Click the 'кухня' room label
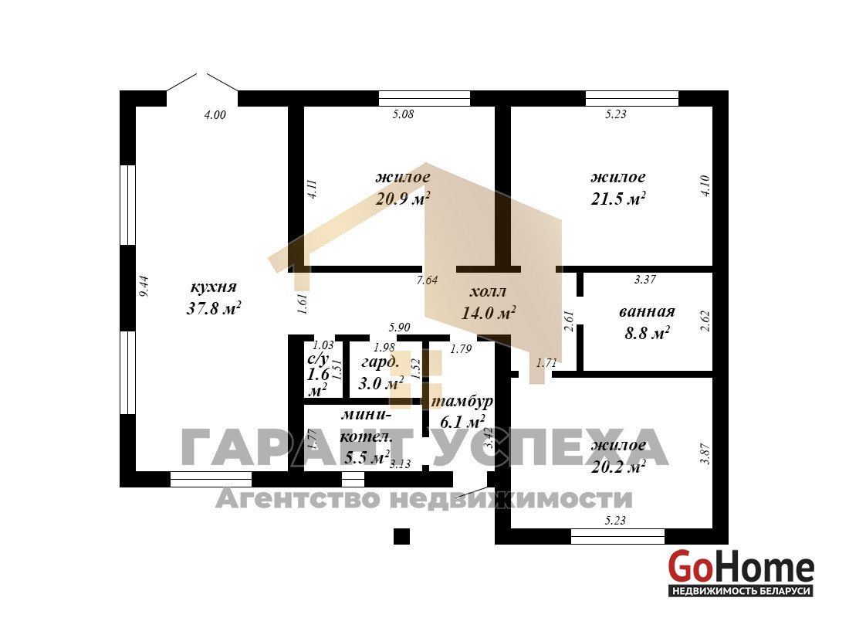[x=213, y=287]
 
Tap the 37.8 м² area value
[x=213, y=308]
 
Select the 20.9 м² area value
[x=403, y=198]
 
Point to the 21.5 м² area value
[x=617, y=198]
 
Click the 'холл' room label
[x=488, y=292]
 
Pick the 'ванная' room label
[x=647, y=312]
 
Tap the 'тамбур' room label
[x=462, y=401]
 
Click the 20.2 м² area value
[x=617, y=466]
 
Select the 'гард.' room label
[x=381, y=362]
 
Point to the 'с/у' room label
[x=318, y=359]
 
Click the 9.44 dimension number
[x=144, y=287]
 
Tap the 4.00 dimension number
[x=215, y=114]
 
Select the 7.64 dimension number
[x=427, y=280]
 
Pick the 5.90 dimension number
[x=400, y=327]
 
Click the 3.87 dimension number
[x=705, y=453]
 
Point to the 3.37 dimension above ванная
[x=645, y=279]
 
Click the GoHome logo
[x=741, y=572]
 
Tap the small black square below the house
[x=402, y=535]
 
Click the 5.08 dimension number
[x=403, y=114]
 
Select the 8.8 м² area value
[x=647, y=332]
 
